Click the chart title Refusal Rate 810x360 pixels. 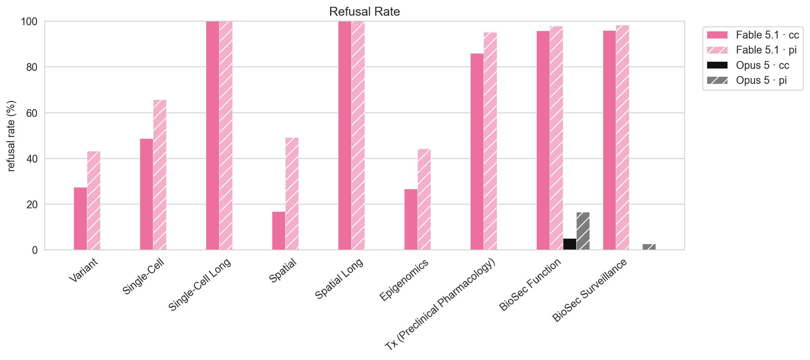(x=364, y=12)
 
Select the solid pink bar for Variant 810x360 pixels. (x=80, y=219)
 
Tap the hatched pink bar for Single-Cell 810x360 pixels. (x=160, y=175)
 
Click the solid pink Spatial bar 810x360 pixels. (x=279, y=231)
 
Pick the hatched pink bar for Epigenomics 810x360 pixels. (x=424, y=199)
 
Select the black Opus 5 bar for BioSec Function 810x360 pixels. (x=570, y=244)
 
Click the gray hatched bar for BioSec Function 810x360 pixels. (x=583, y=231)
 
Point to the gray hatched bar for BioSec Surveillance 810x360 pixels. (x=649, y=247)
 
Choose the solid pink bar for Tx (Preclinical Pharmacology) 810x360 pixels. (x=477, y=152)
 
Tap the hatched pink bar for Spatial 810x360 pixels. (x=292, y=194)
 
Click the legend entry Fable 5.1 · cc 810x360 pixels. (x=753, y=35)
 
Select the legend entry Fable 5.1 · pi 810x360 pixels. (x=752, y=50)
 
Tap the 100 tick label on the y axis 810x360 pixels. (x=29, y=21)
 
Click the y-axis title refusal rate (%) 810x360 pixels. (x=11, y=136)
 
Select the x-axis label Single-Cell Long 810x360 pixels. (x=200, y=284)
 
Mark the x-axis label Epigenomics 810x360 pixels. (x=404, y=280)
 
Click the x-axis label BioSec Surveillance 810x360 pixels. (x=590, y=290)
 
